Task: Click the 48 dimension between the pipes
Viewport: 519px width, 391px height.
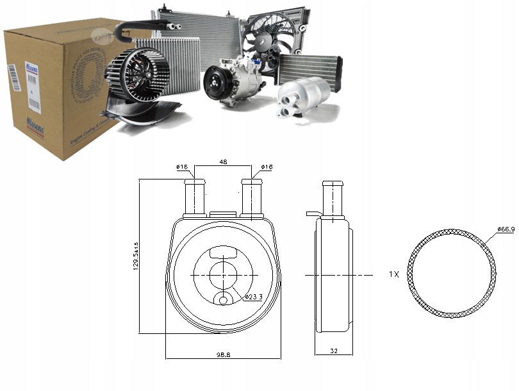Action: tap(224, 163)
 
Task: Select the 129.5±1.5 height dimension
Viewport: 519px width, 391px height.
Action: tap(135, 256)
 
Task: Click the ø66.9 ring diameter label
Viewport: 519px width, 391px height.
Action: tap(506, 229)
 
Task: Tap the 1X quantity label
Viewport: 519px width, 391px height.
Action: tap(394, 274)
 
